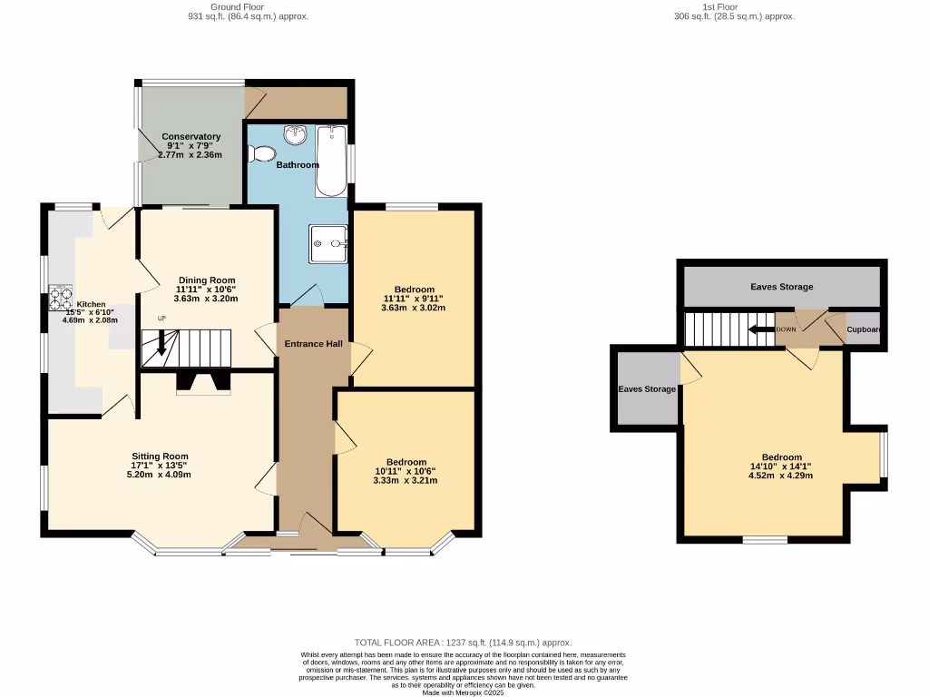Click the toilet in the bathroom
(264, 155)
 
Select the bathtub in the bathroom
(331, 161)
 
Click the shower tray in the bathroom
(328, 242)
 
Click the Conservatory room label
(191, 137)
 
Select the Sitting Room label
(160, 456)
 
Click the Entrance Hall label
(313, 344)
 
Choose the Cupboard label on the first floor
(864, 330)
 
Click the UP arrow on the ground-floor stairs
(162, 341)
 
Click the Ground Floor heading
(248, 6)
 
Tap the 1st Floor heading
(734, 6)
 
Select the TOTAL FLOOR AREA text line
(463, 643)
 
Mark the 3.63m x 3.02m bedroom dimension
(413, 309)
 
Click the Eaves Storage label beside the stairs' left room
(647, 389)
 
